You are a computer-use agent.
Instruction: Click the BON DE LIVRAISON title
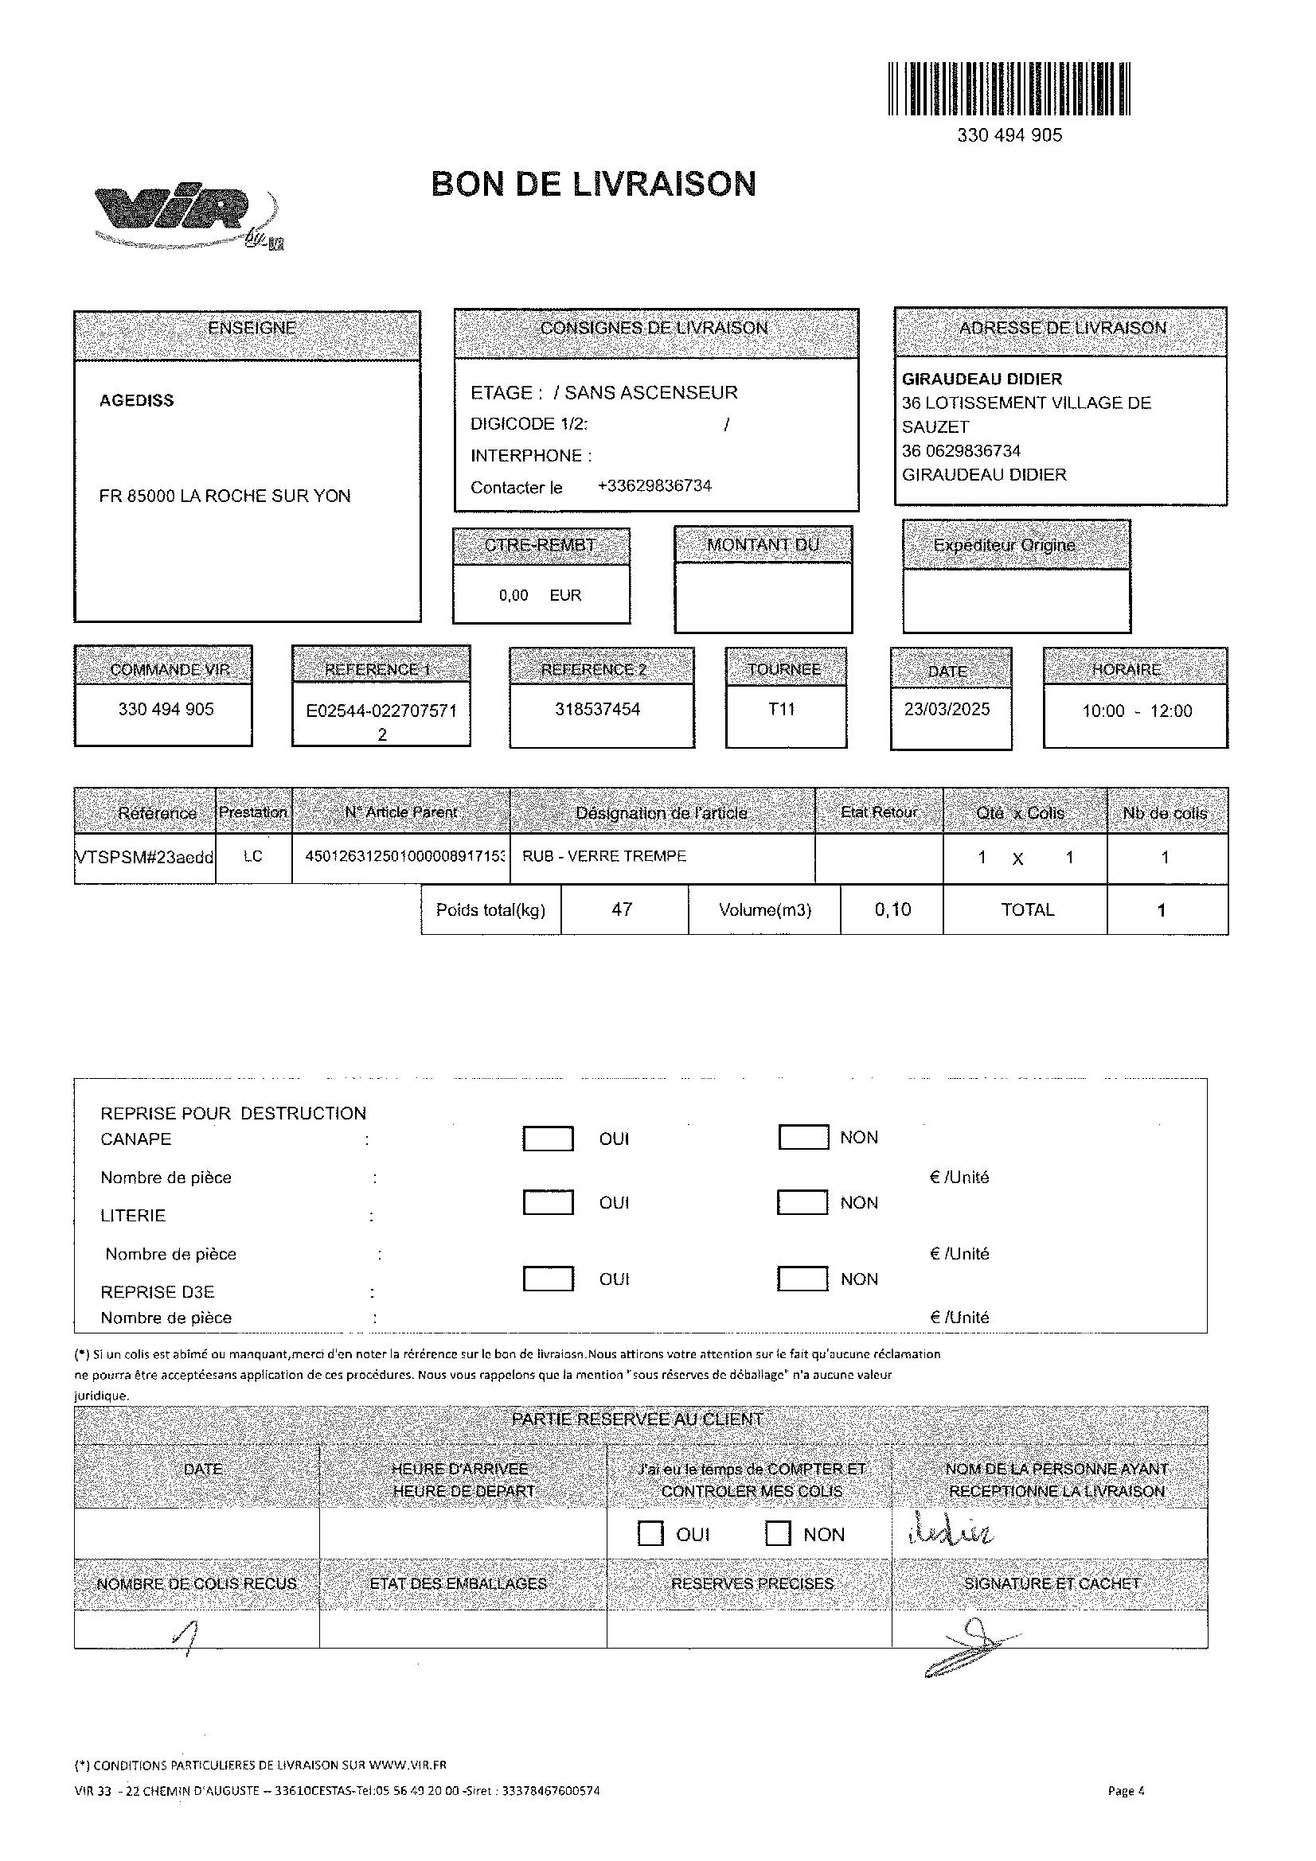594,184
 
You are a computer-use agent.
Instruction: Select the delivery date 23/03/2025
947,709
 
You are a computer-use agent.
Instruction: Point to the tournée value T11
782,709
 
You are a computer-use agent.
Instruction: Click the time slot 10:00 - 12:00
1137,711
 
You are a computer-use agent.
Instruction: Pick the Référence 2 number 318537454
598,709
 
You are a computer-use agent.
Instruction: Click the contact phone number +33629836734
654,486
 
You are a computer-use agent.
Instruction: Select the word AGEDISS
136,400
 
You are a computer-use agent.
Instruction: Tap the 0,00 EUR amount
540,596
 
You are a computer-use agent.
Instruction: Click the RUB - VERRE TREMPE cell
604,857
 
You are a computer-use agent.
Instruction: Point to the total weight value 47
622,909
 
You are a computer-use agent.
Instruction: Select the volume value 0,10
892,909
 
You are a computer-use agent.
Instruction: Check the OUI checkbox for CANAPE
548,1139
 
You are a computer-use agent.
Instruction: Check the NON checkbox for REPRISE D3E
802,1279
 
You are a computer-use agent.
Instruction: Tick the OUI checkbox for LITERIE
548,1203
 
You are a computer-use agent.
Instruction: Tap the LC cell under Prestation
253,857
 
